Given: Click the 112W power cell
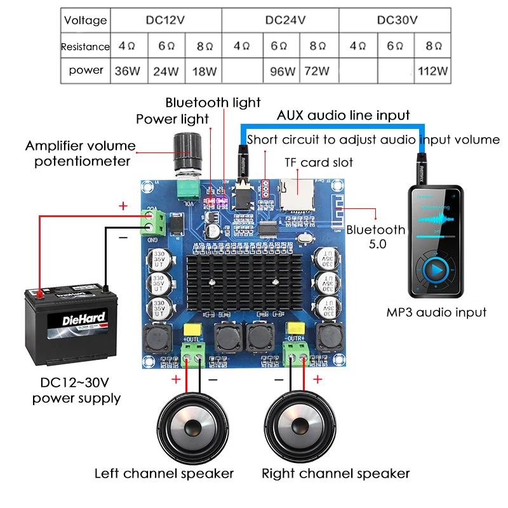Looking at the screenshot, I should coord(433,70).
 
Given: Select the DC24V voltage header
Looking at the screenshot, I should coord(285,20).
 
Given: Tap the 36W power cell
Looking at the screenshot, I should coord(127,70).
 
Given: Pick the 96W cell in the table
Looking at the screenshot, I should coord(283,70).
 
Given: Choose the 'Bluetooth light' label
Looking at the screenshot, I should coord(213,102).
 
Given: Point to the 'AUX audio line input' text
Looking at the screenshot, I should coord(343,116).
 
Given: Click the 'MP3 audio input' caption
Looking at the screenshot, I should coord(436,312).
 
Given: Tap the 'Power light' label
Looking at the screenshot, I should coord(172,119).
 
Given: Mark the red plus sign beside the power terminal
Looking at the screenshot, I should coord(123,206).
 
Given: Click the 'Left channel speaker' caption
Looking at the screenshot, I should coord(164,473).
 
